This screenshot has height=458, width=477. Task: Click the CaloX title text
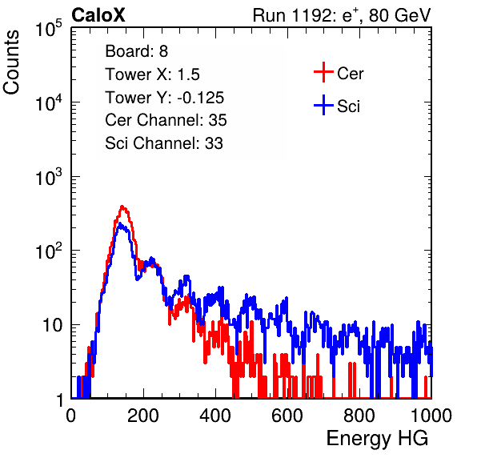tap(98, 15)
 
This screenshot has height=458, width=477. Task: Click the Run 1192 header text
tap(342, 15)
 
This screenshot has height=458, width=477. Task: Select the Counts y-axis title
tap(11, 62)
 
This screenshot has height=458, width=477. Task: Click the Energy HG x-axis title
tap(377, 439)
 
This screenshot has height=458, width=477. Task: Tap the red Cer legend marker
tap(323, 72)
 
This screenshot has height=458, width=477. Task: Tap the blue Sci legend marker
tap(323, 105)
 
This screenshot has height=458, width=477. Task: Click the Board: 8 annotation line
tap(136, 51)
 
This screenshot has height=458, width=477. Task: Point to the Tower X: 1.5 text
tap(152, 74)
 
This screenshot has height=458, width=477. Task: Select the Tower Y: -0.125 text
tap(165, 98)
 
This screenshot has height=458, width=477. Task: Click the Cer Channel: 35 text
tap(166, 120)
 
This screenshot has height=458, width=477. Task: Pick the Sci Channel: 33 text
tap(164, 143)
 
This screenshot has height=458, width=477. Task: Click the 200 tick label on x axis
tap(143, 416)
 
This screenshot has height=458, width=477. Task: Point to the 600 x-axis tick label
tap(287, 416)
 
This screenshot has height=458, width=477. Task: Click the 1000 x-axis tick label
tap(431, 416)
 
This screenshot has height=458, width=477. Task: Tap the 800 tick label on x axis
tap(359, 416)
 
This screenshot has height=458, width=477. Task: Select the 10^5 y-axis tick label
tap(49, 29)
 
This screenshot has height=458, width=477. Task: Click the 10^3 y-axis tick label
tap(49, 177)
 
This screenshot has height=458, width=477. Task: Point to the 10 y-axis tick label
tap(53, 326)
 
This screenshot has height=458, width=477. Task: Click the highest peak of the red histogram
tap(122, 207)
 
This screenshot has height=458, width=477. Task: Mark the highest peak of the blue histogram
tap(120, 224)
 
